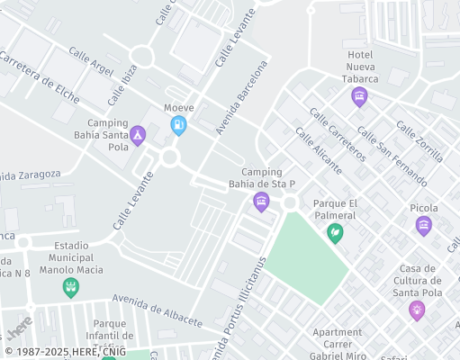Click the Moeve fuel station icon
click(x=179, y=124)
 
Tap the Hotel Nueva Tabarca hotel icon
click(x=360, y=97)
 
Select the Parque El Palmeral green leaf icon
click(x=335, y=234)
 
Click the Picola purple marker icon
click(x=424, y=226)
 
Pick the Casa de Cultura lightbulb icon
click(x=417, y=310)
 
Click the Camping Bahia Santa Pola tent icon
click(x=138, y=136)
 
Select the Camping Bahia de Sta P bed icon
click(x=262, y=201)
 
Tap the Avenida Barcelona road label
click(x=241, y=98)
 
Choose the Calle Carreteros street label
click(x=337, y=134)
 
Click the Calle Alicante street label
click(x=319, y=149)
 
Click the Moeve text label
click(x=179, y=108)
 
